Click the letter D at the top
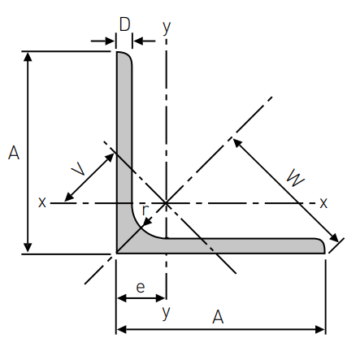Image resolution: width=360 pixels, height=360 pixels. coord(124,24)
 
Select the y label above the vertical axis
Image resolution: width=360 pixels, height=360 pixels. coord(167,28)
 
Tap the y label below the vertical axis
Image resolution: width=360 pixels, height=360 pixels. coord(167,313)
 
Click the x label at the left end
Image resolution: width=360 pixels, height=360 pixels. coord(42,202)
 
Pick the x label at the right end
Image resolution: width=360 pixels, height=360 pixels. coord(323,202)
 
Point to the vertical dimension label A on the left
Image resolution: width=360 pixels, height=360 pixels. coord(14,153)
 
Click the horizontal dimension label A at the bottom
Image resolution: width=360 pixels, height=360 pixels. coord(218,317)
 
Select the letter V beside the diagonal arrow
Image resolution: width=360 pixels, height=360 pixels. coord(79,168)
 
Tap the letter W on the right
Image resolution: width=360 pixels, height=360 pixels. coord(296,178)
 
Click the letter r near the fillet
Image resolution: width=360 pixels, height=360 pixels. coord(145,210)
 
